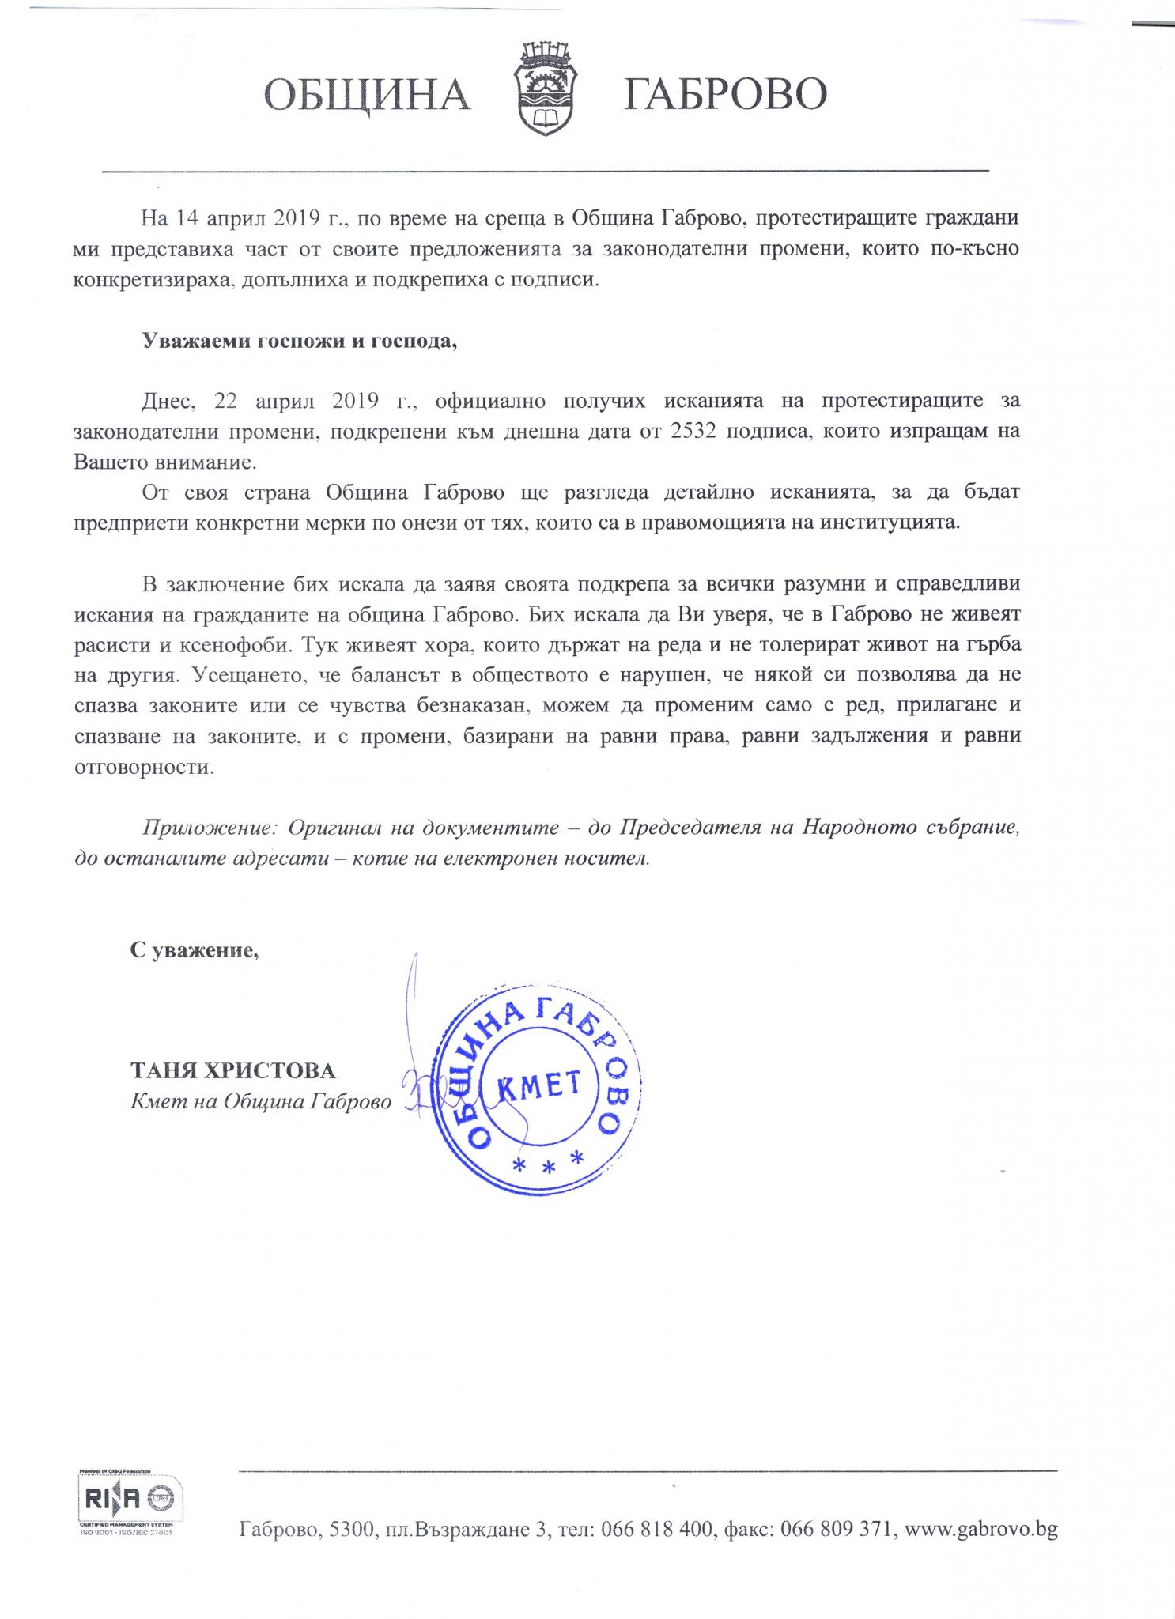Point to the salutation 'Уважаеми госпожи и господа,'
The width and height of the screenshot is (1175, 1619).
(x=300, y=341)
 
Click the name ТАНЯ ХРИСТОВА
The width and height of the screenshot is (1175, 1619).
(x=232, y=1071)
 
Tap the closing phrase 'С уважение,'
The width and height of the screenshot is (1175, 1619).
(x=195, y=950)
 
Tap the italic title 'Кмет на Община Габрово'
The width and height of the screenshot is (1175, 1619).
(x=261, y=1101)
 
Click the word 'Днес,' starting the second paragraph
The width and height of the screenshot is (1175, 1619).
(x=168, y=401)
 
